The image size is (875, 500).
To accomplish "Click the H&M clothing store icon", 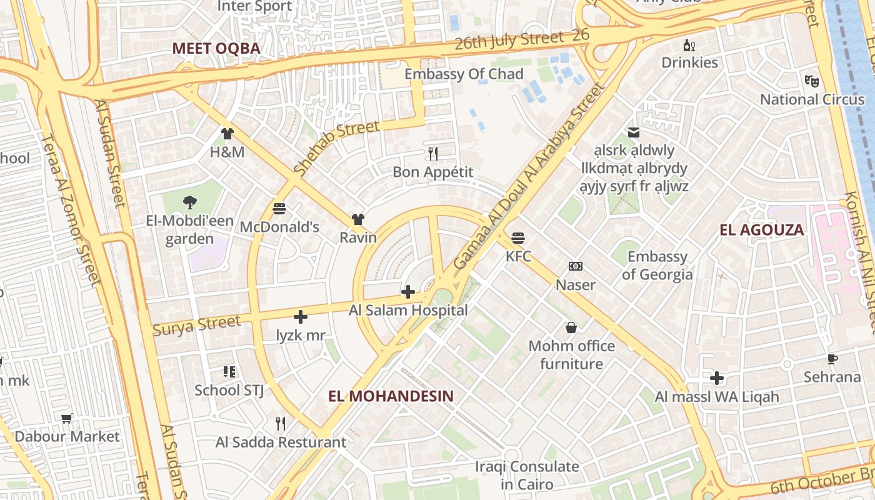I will coord(227,134).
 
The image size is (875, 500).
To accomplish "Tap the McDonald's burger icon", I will coord(279,208).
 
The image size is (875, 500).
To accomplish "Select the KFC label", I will coord(518,256).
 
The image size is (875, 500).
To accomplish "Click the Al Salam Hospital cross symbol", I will coord(408,292).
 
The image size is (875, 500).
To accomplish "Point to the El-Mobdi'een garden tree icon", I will coord(189,202).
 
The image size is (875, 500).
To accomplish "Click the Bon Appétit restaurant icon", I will coord(432,153).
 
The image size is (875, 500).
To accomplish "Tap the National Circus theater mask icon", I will coord(812,81).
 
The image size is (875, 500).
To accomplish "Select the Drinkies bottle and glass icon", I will coord(689,45).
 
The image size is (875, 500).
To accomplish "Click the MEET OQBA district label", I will coord(216,48).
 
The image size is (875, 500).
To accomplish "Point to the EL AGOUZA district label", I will coord(761,229).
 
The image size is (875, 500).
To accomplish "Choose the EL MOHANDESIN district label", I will coord(391,396).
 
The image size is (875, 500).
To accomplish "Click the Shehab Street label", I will coord(336,147).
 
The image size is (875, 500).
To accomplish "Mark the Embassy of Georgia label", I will coord(657,266).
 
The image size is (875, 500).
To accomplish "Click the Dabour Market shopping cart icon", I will coord(67,418).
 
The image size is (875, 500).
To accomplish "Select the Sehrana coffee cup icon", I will coord(832,359).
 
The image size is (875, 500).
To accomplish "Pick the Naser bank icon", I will coord(576,267).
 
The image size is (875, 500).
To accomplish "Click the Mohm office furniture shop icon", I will coord(571,327).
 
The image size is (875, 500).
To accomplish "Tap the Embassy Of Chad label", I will coord(464,74).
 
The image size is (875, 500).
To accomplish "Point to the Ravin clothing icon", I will coord(358,219).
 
